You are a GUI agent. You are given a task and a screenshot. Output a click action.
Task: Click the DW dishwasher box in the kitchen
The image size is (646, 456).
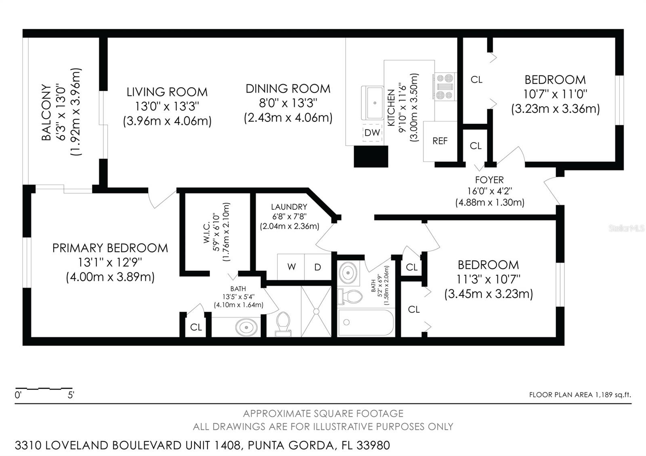coord(372,132)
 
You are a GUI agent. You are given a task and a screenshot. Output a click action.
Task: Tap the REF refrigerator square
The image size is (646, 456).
coord(440,141)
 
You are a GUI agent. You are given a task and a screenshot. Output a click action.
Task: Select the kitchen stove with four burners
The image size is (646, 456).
coord(444,86)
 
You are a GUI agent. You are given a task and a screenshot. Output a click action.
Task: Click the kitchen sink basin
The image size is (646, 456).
coord(372,103)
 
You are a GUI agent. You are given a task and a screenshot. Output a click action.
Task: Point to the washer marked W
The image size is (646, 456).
coord(291,267)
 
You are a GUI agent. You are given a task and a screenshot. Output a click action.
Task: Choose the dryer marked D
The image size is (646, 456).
coord(318,267)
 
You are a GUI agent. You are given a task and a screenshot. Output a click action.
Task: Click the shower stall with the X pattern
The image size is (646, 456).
coord(316,311)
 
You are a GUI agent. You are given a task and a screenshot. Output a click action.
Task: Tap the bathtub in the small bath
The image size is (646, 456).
coord(366,322)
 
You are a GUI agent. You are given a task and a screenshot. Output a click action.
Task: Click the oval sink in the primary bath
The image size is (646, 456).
coord(246,327)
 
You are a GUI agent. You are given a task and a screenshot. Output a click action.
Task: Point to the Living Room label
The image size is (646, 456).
coord(167,92)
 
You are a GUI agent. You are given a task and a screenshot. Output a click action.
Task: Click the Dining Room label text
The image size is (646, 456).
coord(288,89)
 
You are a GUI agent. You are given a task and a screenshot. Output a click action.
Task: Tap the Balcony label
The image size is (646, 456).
coord(47,112)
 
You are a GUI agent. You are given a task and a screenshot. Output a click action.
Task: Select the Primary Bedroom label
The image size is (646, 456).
coord(110,248)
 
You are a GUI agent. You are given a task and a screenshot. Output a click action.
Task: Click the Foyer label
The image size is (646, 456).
coord(489,180)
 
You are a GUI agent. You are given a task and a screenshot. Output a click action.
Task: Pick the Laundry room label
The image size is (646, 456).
coord(289,207)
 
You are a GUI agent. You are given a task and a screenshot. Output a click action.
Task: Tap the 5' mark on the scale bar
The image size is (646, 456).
coord(71,395)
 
